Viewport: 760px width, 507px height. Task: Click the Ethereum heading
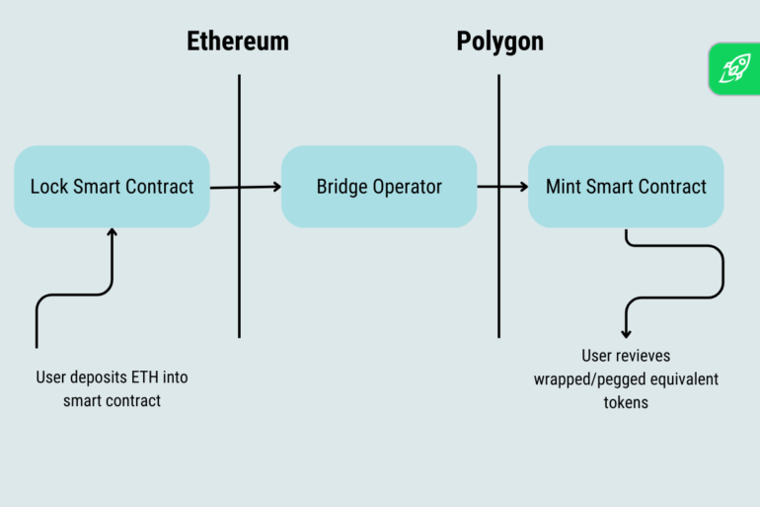pyautogui.click(x=238, y=42)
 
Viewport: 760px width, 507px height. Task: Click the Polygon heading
pyautogui.click(x=499, y=42)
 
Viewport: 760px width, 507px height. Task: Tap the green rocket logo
pyautogui.click(x=733, y=68)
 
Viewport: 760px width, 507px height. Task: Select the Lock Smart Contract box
pyautogui.click(x=112, y=187)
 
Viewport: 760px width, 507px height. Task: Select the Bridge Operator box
pyautogui.click(x=379, y=187)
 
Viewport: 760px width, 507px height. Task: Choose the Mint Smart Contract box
pyautogui.click(x=626, y=187)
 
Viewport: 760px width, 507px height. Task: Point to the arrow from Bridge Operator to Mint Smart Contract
pyautogui.click(x=503, y=186)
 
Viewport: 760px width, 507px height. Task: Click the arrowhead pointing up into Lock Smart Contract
pyautogui.click(x=112, y=233)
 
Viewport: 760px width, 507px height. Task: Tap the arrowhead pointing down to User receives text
pyautogui.click(x=626, y=333)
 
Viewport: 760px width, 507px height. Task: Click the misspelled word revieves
pyautogui.click(x=646, y=356)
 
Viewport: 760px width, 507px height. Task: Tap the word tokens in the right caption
pyautogui.click(x=626, y=402)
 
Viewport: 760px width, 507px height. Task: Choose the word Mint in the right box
pyautogui.click(x=565, y=187)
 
